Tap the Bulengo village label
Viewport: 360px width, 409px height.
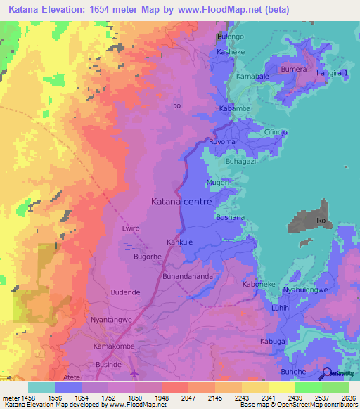click(x=229, y=36)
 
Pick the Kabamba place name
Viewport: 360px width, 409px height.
click(x=235, y=109)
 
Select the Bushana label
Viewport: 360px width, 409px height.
click(x=230, y=218)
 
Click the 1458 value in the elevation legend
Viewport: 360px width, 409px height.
click(x=19, y=398)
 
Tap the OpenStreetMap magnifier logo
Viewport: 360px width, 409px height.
click(x=328, y=374)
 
